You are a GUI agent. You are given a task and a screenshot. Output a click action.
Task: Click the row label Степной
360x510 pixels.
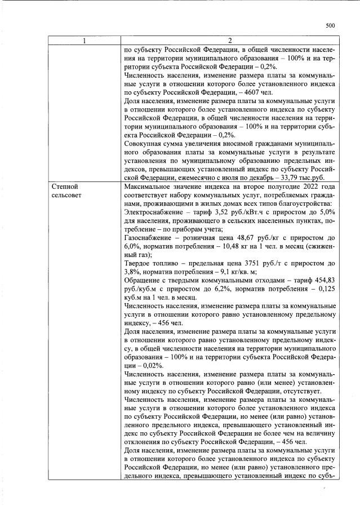[64, 186]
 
